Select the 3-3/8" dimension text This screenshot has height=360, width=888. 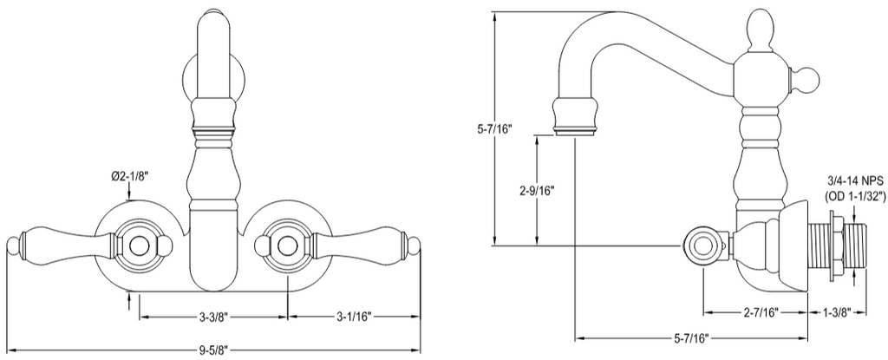(213, 317)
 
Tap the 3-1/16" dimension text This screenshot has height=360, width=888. (354, 317)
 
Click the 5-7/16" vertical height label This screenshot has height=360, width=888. (494, 128)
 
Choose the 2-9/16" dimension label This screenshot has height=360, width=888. (536, 190)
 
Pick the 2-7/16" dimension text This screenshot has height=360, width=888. (761, 311)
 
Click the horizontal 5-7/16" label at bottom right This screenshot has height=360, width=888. (690, 338)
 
